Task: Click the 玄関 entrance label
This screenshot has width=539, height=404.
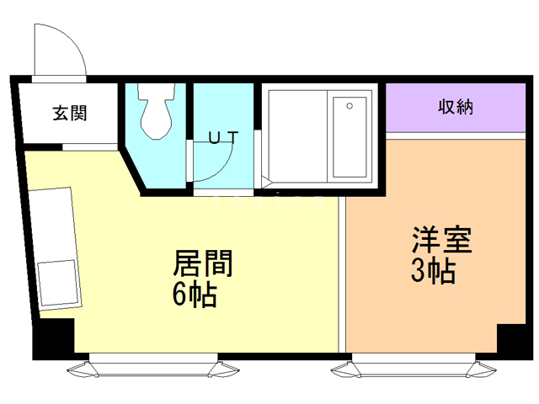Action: [x=70, y=113]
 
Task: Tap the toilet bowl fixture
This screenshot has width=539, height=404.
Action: [x=156, y=111]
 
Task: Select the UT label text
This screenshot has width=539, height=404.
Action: [x=222, y=137]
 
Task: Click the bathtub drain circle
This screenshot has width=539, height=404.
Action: [x=350, y=106]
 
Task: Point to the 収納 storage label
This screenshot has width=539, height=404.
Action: [x=456, y=107]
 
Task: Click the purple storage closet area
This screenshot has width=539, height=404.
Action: [x=456, y=108]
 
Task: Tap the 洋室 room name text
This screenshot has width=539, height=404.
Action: [x=441, y=240]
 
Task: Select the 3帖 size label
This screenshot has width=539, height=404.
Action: [x=433, y=270]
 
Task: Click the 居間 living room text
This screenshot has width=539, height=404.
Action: [x=202, y=263]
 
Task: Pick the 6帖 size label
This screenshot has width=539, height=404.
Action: [x=195, y=294]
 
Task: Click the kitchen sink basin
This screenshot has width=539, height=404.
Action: [x=57, y=283]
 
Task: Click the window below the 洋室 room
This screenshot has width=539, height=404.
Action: [x=414, y=366]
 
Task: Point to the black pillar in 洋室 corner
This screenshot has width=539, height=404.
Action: [x=511, y=338]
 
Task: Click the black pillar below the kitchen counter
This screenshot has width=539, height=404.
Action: [x=54, y=336]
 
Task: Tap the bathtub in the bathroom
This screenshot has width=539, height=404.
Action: [x=350, y=136]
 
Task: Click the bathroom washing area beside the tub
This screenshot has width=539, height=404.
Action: [x=297, y=136]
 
